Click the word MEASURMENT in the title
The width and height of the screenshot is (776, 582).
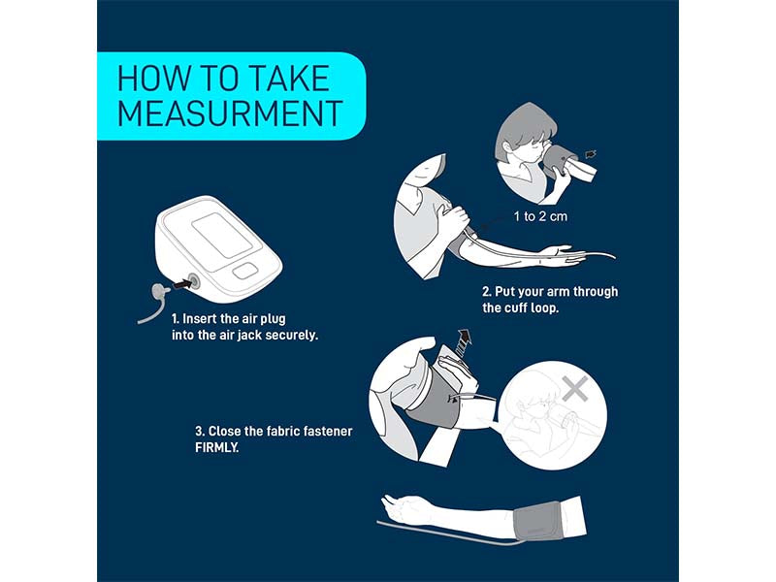[x=230, y=113]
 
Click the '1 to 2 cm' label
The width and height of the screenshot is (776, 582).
[x=540, y=216]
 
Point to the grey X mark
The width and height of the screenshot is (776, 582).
[x=575, y=389]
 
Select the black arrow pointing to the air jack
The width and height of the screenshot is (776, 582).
[x=182, y=284]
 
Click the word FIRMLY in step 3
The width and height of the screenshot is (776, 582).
[x=216, y=448]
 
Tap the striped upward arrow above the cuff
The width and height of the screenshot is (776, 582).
[x=463, y=342]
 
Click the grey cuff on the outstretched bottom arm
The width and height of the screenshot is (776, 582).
[x=537, y=522]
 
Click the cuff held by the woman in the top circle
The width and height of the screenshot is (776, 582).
[x=569, y=164]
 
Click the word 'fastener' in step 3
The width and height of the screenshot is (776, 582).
[x=328, y=432]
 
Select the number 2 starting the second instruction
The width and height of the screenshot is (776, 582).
[x=487, y=292]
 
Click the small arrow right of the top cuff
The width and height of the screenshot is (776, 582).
[x=591, y=154]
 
